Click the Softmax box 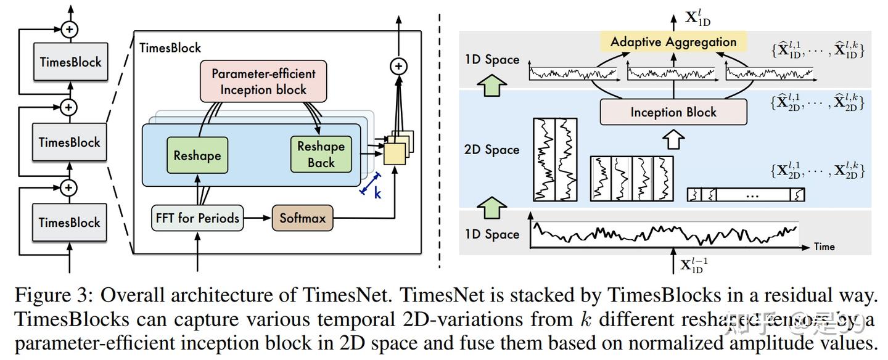click(x=302, y=218)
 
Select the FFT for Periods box click(x=197, y=218)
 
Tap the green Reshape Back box click(x=321, y=155)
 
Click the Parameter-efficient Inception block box click(x=263, y=81)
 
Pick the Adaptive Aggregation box click(x=673, y=42)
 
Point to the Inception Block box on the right click(x=673, y=112)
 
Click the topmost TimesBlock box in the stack click(x=70, y=62)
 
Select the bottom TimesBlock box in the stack click(x=70, y=223)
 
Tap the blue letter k click(x=378, y=193)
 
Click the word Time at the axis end click(x=824, y=247)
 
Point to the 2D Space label click(x=491, y=150)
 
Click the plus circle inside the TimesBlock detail click(x=399, y=66)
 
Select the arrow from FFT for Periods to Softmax click(x=257, y=218)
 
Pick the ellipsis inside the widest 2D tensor click(x=752, y=195)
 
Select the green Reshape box click(x=197, y=155)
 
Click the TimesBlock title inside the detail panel click(x=171, y=47)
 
